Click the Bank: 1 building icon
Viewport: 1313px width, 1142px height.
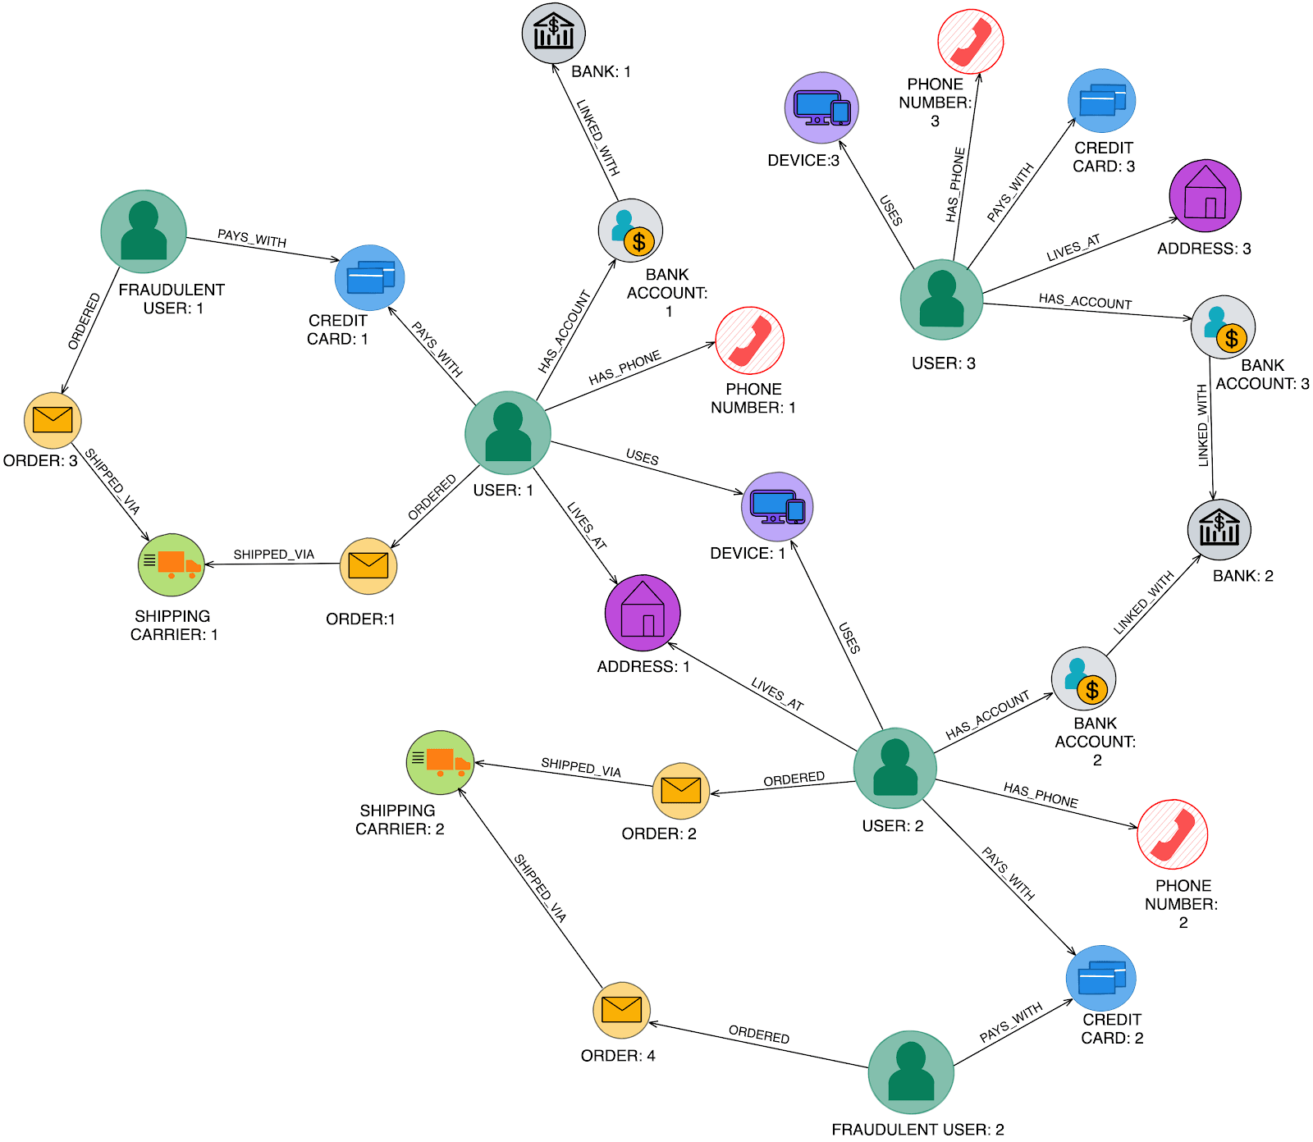click(554, 34)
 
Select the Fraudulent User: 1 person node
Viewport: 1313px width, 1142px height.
click(144, 231)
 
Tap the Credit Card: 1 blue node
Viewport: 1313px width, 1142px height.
click(369, 277)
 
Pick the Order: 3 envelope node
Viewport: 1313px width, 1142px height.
click(53, 420)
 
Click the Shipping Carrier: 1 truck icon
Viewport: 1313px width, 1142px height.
click(171, 564)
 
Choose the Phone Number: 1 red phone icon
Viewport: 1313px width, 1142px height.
click(749, 340)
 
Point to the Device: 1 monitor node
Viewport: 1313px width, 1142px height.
click(777, 507)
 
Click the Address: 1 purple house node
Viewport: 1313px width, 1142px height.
click(643, 613)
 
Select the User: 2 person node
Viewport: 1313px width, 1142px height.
click(894, 768)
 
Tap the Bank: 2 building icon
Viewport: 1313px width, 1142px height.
click(1219, 529)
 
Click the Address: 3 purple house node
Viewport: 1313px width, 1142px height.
click(1205, 195)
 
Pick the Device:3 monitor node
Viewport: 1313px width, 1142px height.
click(821, 108)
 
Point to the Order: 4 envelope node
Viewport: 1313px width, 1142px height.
click(621, 1010)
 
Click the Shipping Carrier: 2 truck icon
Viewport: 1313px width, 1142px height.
click(441, 762)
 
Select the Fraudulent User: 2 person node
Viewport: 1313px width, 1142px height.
click(911, 1072)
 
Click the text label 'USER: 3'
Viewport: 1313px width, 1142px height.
click(944, 363)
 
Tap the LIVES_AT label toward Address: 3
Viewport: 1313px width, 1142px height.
click(1073, 249)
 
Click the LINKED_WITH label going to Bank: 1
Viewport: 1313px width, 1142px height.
click(597, 138)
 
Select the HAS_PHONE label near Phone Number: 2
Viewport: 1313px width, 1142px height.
click(1041, 795)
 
